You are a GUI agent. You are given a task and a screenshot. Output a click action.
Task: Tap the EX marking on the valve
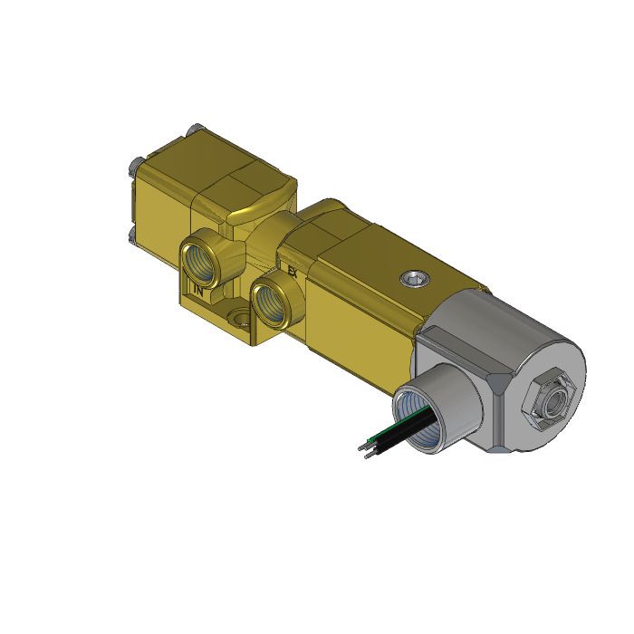click(x=292, y=271)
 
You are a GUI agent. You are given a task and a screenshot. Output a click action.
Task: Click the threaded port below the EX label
click(x=271, y=300)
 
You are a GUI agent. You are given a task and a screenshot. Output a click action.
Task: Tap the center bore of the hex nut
click(x=548, y=396)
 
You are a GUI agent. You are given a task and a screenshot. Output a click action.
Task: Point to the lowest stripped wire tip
click(x=367, y=456)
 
